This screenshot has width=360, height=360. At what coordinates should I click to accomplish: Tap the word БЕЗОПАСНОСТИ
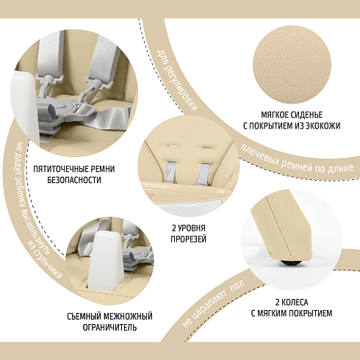[74, 180]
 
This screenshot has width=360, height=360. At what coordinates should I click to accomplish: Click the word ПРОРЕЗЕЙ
[188, 239]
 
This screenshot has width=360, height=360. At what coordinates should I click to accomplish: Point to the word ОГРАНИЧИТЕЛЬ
[109, 328]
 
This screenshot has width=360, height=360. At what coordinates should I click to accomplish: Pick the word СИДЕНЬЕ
[306, 115]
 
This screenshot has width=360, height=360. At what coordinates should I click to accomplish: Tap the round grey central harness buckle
[65, 107]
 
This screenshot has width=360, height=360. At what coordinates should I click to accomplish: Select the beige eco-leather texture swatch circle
[292, 65]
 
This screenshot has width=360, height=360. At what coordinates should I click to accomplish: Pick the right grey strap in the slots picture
[204, 174]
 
